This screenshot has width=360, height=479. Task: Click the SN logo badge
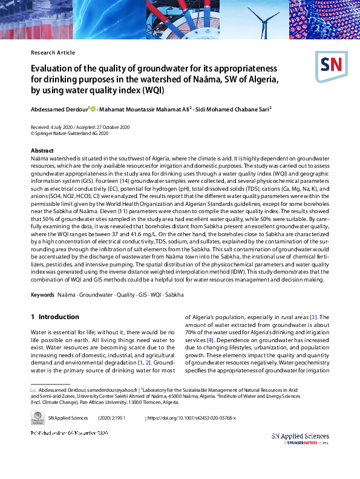click(x=329, y=66)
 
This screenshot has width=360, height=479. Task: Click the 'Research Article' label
click(x=53, y=53)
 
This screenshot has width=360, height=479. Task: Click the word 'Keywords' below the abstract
click(x=42, y=294)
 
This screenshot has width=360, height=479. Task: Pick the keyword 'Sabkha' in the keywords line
click(x=174, y=294)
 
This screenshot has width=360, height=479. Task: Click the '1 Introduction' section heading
click(x=54, y=317)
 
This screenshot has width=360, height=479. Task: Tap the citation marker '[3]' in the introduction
click(x=312, y=317)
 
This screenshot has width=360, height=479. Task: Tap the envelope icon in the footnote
click(x=33, y=389)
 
